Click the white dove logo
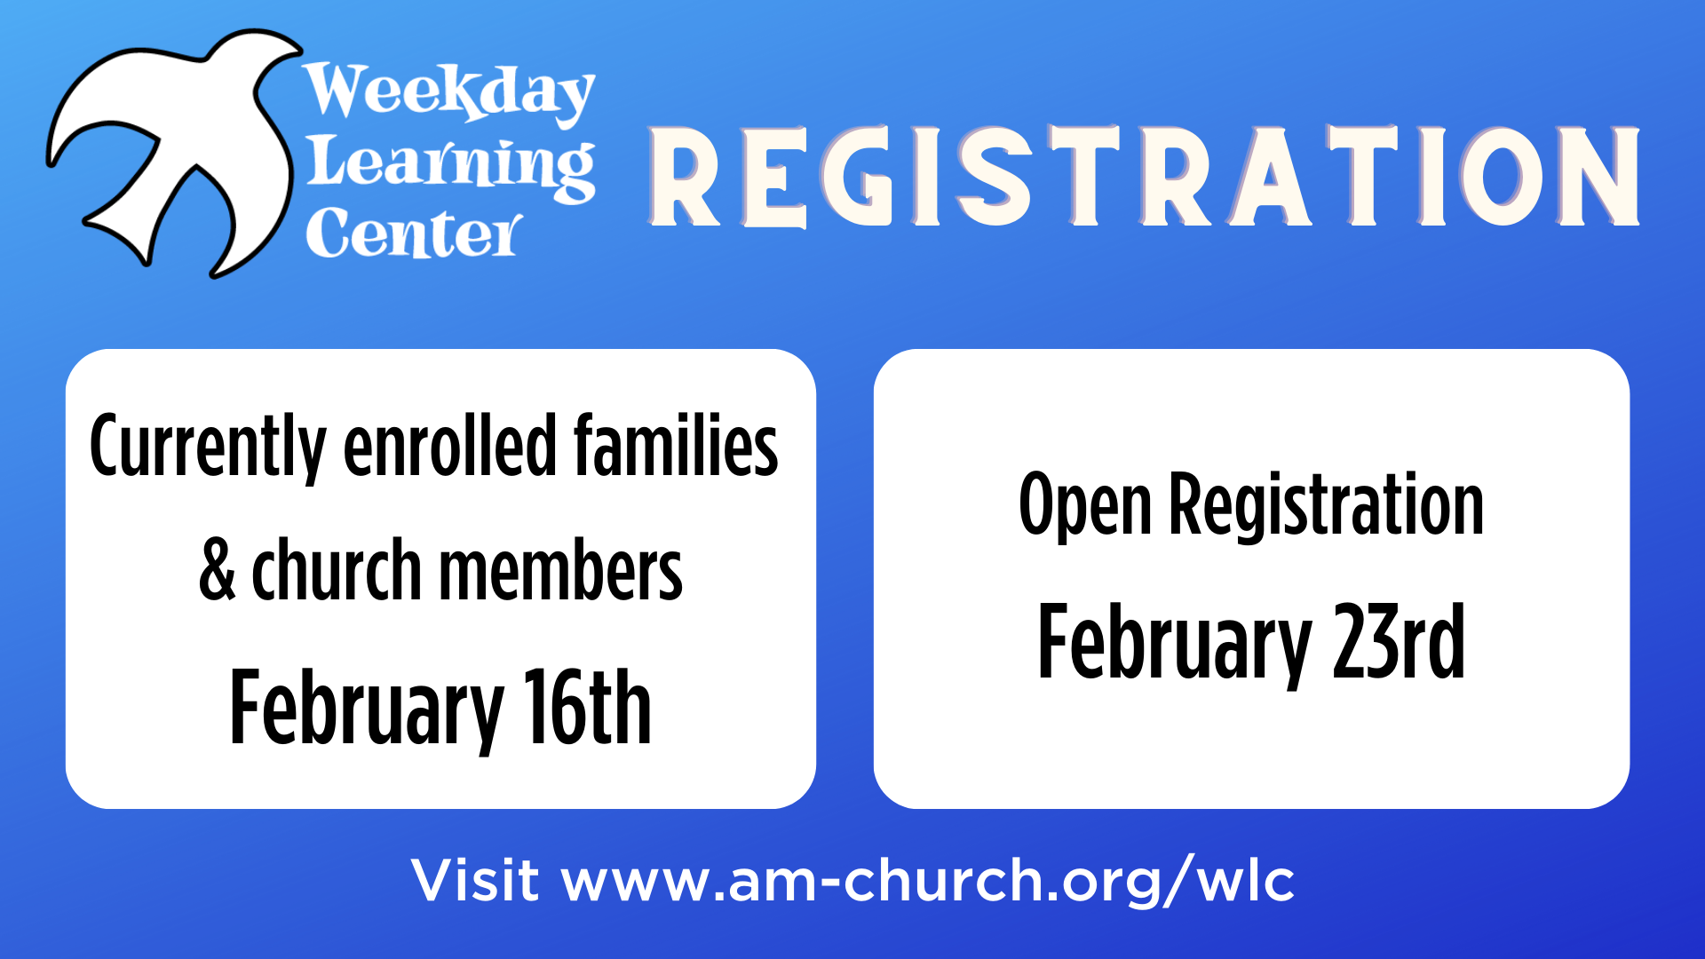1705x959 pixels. point(178,133)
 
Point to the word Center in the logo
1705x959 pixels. point(414,234)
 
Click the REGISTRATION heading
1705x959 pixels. point(1144,176)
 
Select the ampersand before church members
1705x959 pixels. point(218,570)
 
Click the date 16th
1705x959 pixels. point(587,707)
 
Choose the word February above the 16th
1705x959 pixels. point(367,710)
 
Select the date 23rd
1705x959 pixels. point(1398,641)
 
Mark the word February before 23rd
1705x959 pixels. point(1175,645)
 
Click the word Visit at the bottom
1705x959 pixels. point(475,880)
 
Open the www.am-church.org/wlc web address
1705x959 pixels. point(928,882)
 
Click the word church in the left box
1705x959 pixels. point(337,570)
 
